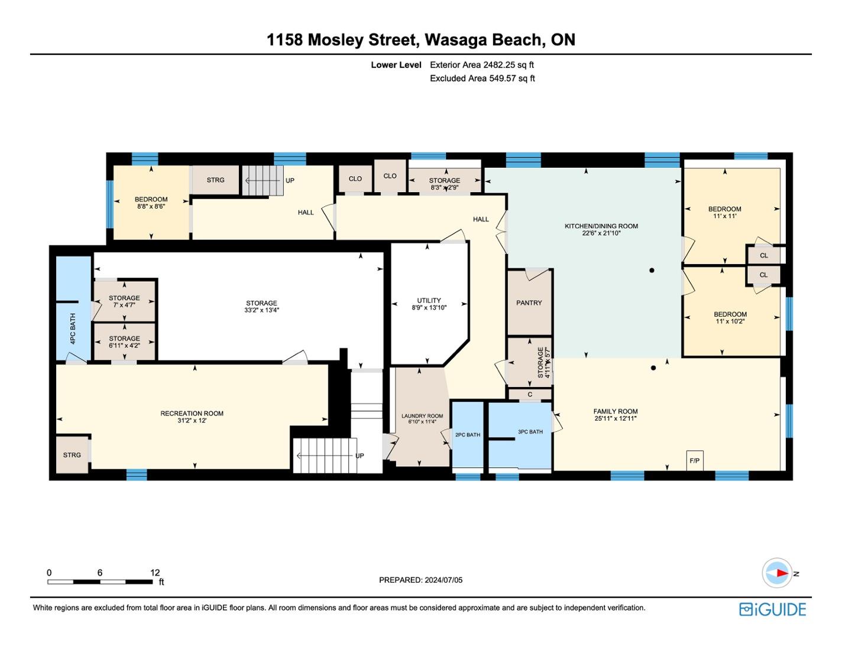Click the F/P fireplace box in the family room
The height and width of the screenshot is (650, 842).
tap(695, 460)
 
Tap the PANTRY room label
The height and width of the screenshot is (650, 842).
tap(529, 303)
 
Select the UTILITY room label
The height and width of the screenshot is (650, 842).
tap(429, 300)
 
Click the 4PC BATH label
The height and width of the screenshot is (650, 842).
tap(73, 329)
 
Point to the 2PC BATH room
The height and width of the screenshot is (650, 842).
tap(467, 435)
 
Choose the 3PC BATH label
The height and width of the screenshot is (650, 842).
tap(530, 432)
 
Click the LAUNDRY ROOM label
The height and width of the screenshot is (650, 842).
tap(422, 416)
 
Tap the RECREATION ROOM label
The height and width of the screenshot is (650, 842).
tap(192, 414)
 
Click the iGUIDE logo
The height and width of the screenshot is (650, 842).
tap(772, 609)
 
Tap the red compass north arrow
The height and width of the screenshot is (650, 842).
tap(781, 573)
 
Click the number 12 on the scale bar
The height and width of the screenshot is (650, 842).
tap(155, 573)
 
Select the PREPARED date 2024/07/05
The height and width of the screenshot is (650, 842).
tap(443, 580)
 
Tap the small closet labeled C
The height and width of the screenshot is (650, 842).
tap(530, 394)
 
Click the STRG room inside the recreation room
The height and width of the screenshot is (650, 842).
tap(72, 455)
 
